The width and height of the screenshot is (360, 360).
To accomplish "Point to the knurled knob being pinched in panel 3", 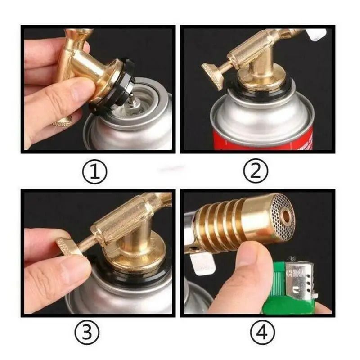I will coord(67,247).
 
